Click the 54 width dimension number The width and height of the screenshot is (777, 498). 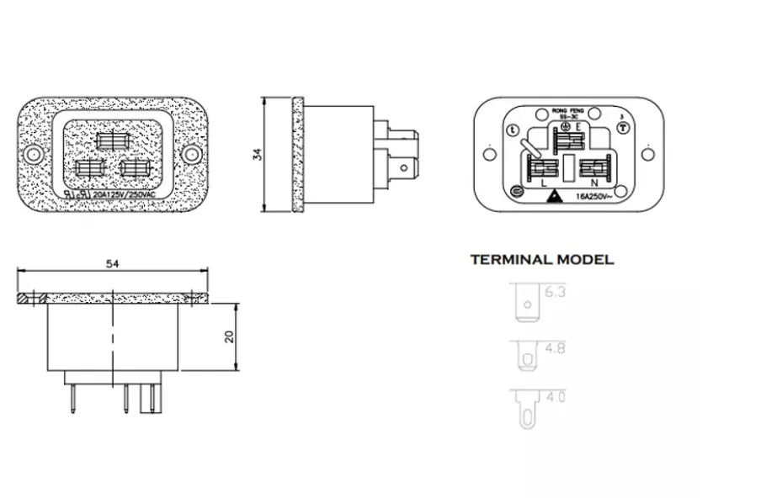(113, 263)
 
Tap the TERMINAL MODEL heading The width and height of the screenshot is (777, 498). (541, 260)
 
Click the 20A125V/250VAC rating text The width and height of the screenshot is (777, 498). (124, 193)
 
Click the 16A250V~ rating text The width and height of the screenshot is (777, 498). (593, 197)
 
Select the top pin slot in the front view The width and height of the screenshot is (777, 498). (113, 140)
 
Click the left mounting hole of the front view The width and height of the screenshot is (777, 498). (34, 155)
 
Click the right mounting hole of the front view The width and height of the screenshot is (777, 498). (192, 155)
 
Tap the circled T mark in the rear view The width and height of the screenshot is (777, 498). (622, 127)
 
